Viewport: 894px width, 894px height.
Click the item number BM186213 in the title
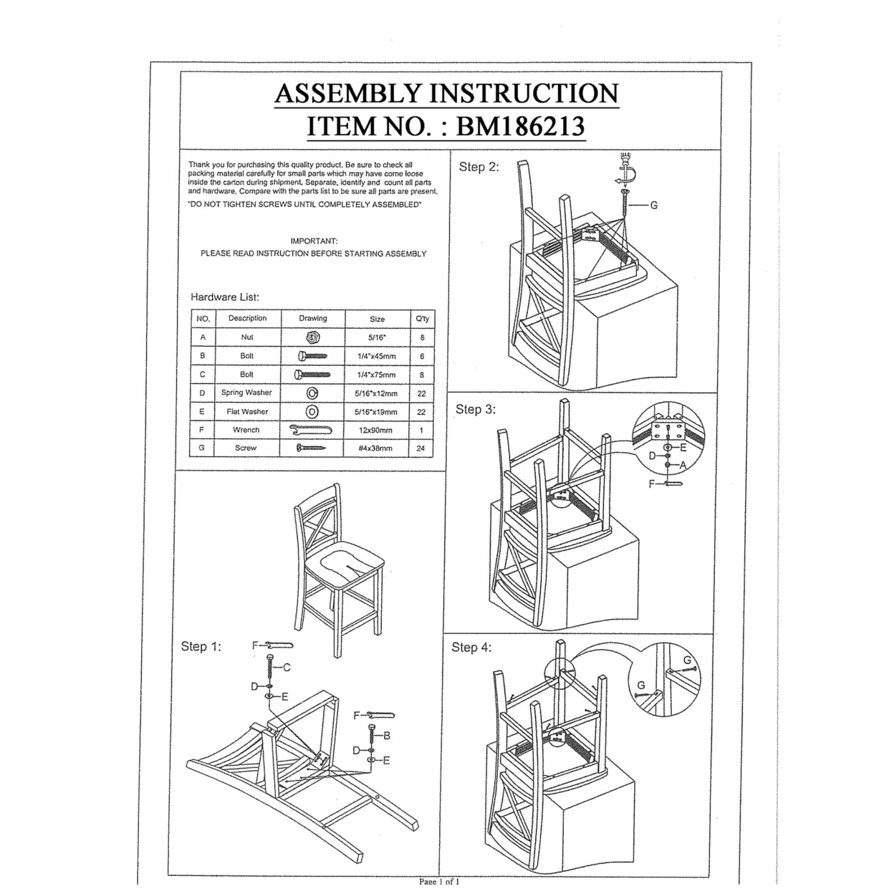(520, 126)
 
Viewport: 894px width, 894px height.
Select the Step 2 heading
(479, 167)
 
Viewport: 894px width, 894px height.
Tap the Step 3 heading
(476, 409)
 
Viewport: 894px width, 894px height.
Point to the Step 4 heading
(471, 647)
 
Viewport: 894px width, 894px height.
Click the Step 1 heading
(201, 646)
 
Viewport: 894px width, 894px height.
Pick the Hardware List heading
(225, 297)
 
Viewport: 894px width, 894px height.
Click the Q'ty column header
(421, 319)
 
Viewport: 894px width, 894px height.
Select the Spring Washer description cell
(246, 393)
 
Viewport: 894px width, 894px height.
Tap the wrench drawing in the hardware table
(312, 430)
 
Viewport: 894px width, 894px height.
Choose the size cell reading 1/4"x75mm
(377, 375)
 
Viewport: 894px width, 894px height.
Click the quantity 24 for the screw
(420, 448)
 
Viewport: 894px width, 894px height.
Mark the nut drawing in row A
(312, 337)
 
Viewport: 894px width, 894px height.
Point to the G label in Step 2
(653, 206)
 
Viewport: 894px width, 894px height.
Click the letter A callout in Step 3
(683, 466)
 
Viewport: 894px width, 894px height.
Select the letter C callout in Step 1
(287, 668)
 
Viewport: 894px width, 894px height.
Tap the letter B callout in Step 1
(386, 736)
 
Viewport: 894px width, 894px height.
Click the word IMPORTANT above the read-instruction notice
(313, 241)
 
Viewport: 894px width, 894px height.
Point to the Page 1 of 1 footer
(438, 881)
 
